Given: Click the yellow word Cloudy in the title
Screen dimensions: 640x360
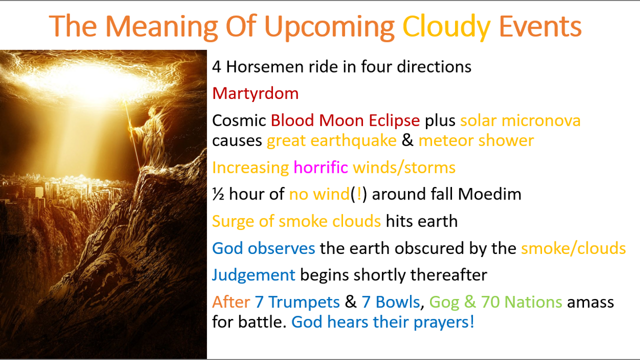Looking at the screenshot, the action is [x=446, y=26].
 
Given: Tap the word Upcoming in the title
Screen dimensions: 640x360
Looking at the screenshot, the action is [x=329, y=27].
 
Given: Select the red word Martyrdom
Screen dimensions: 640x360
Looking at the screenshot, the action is [x=255, y=93].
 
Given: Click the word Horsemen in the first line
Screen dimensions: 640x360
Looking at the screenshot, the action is [x=264, y=66].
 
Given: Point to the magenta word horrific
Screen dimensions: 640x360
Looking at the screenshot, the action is [x=321, y=167].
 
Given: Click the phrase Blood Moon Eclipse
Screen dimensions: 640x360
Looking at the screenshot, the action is [x=345, y=120].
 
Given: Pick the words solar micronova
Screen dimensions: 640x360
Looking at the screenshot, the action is [x=520, y=120].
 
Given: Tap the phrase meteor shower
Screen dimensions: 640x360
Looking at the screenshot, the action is [x=476, y=140].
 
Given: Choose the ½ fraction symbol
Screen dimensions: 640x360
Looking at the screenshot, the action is [x=218, y=194].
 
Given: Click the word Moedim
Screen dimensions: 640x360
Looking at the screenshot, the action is [x=489, y=194].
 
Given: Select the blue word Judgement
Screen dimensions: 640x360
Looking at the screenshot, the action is [x=253, y=275].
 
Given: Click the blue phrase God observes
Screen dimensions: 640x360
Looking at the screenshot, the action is [x=263, y=248].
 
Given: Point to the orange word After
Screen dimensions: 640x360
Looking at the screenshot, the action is [x=231, y=302].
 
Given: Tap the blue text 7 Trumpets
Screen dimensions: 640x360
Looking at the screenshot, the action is [x=297, y=302].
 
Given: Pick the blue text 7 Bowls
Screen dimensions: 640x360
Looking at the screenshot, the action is [x=391, y=302].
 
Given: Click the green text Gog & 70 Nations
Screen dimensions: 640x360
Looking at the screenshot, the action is [x=495, y=302].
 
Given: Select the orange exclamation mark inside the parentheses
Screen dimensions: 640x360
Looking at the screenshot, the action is [x=359, y=194].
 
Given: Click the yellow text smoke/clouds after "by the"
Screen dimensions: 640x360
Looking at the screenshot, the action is [x=573, y=248].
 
